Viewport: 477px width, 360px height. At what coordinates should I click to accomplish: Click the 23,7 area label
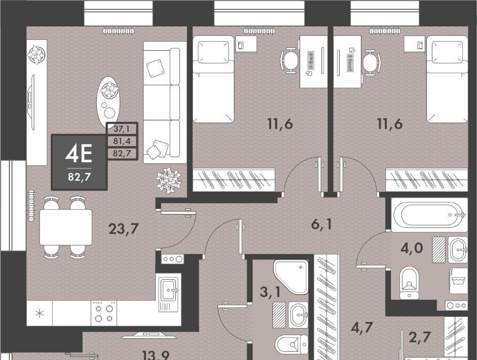coord(124,229)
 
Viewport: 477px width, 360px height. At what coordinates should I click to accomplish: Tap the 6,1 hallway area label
coord(321,224)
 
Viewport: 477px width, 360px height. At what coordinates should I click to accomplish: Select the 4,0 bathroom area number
coord(412,248)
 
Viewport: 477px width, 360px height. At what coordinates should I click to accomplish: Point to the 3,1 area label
coord(270,292)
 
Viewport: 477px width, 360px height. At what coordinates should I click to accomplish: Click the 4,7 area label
coord(362,328)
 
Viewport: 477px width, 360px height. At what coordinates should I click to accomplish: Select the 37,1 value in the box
coord(122,129)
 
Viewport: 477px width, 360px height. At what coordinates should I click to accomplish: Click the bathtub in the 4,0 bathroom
coord(429,215)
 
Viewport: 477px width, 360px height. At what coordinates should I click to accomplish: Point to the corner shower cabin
coord(290,277)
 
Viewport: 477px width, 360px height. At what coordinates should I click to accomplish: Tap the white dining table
coord(66,227)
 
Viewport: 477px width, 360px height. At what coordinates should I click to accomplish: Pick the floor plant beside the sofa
coord(168,180)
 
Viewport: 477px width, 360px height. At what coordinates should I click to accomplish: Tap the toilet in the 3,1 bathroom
coord(291,344)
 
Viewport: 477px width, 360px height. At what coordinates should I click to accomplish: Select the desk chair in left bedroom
coord(290,60)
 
